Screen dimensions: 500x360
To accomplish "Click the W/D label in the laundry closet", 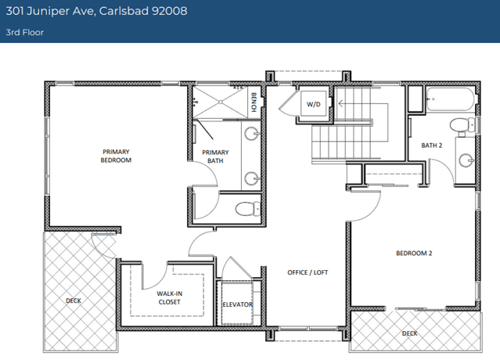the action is pyautogui.click(x=313, y=104).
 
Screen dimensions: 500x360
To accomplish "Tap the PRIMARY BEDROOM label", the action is pyautogui.click(x=116, y=156).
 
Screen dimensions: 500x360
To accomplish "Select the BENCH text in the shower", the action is pyautogui.click(x=254, y=102).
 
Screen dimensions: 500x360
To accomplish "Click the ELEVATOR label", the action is pyautogui.click(x=238, y=304).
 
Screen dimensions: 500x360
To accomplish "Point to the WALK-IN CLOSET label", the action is pyautogui.click(x=169, y=298).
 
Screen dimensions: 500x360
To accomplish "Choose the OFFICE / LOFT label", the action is pyautogui.click(x=308, y=272).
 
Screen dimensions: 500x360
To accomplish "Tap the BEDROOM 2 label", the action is pyautogui.click(x=414, y=254).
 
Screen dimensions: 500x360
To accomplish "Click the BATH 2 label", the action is pyautogui.click(x=432, y=146).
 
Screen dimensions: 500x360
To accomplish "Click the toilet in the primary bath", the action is pyautogui.click(x=248, y=208).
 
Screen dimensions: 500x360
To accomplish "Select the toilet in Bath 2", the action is pyautogui.click(x=462, y=125).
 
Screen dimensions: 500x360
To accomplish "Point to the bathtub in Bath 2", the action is pyautogui.click(x=451, y=99).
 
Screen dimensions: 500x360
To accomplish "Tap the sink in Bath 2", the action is pyautogui.click(x=466, y=160).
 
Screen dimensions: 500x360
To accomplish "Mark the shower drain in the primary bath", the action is pyautogui.click(x=221, y=102).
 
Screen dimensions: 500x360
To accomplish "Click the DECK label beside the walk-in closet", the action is pyautogui.click(x=74, y=301).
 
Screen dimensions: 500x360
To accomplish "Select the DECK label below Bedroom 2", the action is pyautogui.click(x=410, y=333).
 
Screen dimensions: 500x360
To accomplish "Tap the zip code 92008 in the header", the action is pyautogui.click(x=169, y=11).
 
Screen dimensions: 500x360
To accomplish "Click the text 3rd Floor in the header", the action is pyautogui.click(x=24, y=32).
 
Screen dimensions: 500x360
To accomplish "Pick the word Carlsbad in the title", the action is pyautogui.click(x=124, y=11).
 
